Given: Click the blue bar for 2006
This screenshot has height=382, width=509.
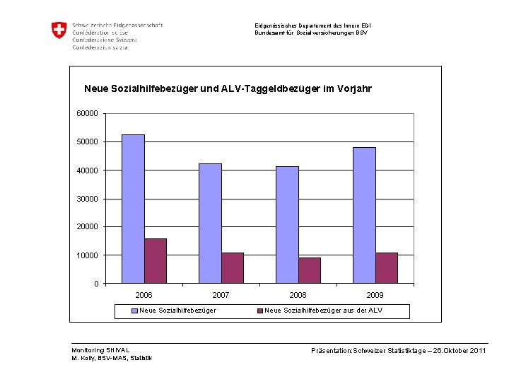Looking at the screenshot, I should tap(133, 209).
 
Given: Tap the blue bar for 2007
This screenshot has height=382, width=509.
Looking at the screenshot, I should tap(210, 223).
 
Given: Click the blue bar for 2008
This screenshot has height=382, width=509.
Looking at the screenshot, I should tap(287, 224).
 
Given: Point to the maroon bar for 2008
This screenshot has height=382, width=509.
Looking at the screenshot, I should tap(310, 270).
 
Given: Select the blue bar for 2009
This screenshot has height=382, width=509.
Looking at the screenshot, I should tap(364, 215).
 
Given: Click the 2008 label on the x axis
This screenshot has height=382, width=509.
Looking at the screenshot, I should tap(298, 295).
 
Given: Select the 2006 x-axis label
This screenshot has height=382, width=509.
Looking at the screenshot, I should tap(144, 295).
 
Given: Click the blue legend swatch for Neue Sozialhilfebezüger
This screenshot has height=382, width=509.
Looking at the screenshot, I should tap(134, 311).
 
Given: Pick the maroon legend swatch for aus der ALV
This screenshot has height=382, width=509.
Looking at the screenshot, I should tap(259, 311).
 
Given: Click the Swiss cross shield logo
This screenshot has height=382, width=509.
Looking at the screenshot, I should tap(59, 30).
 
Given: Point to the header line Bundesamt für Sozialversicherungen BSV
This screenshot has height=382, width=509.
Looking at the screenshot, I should tap(311, 33).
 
